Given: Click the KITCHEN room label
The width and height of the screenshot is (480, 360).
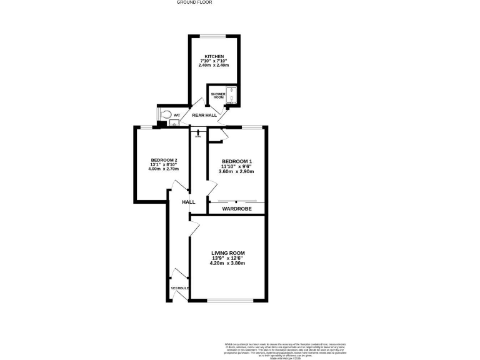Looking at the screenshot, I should pos(214,56).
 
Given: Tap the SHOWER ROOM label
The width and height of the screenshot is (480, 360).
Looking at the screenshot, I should pos(217,96).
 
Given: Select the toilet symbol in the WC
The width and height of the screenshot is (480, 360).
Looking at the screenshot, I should pos(165,114).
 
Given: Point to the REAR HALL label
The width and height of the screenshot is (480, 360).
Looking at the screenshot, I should pos(204,116).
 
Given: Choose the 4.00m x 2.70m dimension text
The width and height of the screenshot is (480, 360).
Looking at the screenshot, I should pos(163,169).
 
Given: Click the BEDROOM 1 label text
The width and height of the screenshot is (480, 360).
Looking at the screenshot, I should pos(237,162).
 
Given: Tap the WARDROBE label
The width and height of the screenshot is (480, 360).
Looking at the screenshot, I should pos(237,208).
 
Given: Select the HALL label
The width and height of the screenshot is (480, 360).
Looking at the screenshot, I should pos(188,202).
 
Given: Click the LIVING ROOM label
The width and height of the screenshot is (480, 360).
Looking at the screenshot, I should pos(227,253).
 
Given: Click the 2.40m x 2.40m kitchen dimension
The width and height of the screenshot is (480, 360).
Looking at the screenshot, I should pos(214,66).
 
